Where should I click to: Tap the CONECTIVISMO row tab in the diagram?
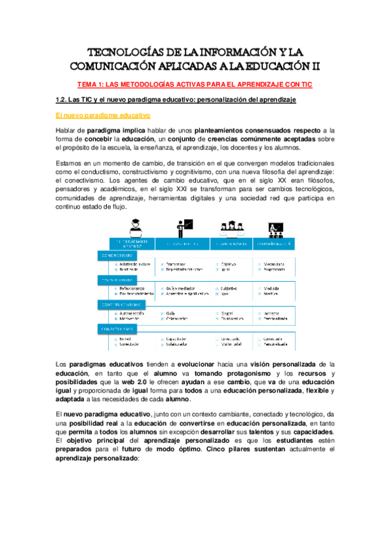coord(118,330)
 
